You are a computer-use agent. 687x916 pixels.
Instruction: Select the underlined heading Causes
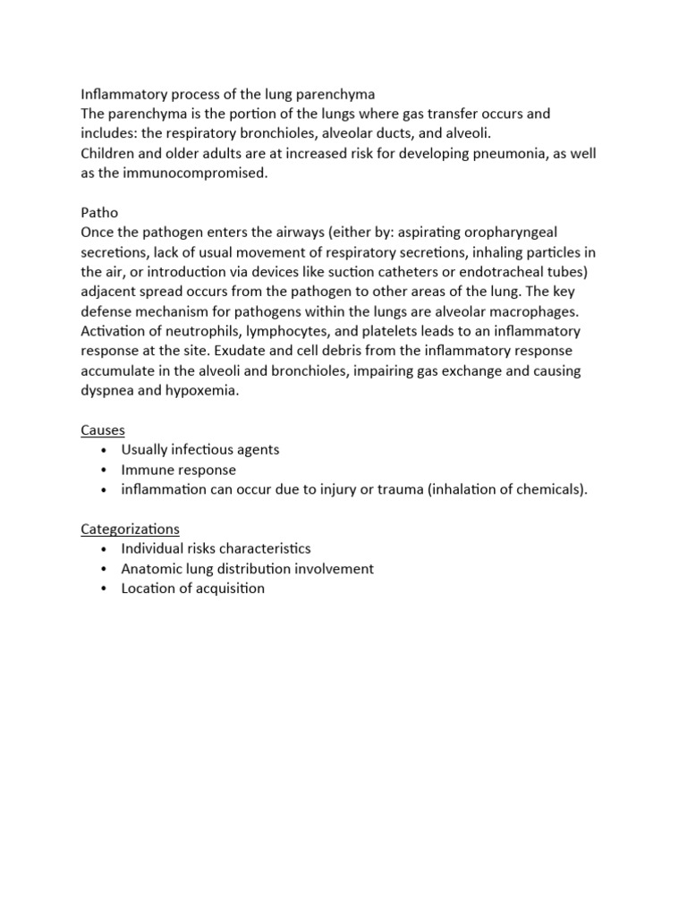[x=103, y=429]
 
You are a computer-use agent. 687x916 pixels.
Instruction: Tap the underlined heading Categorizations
[x=131, y=528]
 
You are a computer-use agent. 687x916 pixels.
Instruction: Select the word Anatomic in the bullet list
[x=152, y=568]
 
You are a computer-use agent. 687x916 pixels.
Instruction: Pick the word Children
[x=109, y=154]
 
